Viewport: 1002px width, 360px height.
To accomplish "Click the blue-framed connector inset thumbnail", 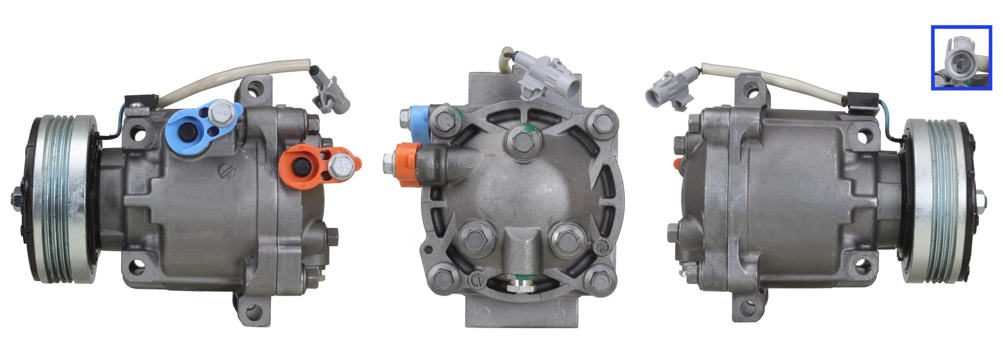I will [x=961, y=58].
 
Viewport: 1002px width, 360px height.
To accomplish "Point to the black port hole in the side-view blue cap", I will [x=187, y=131].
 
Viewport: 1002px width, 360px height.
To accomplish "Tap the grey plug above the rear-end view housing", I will [x=550, y=79].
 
